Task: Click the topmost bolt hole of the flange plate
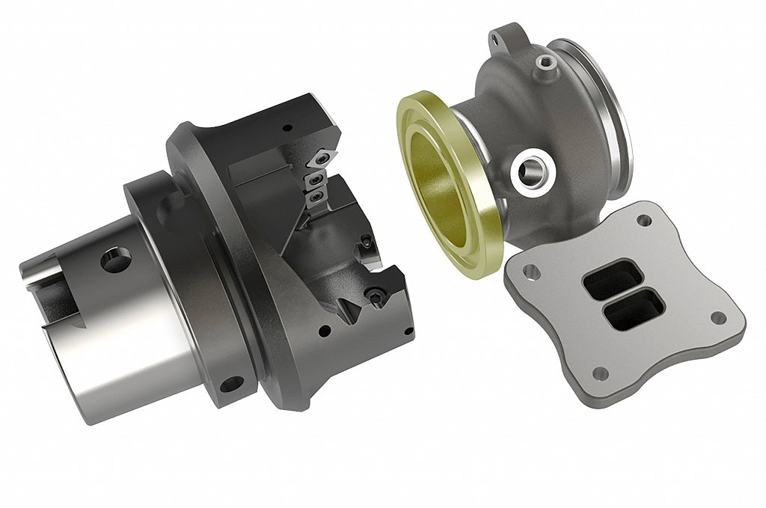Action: point(642,221)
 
